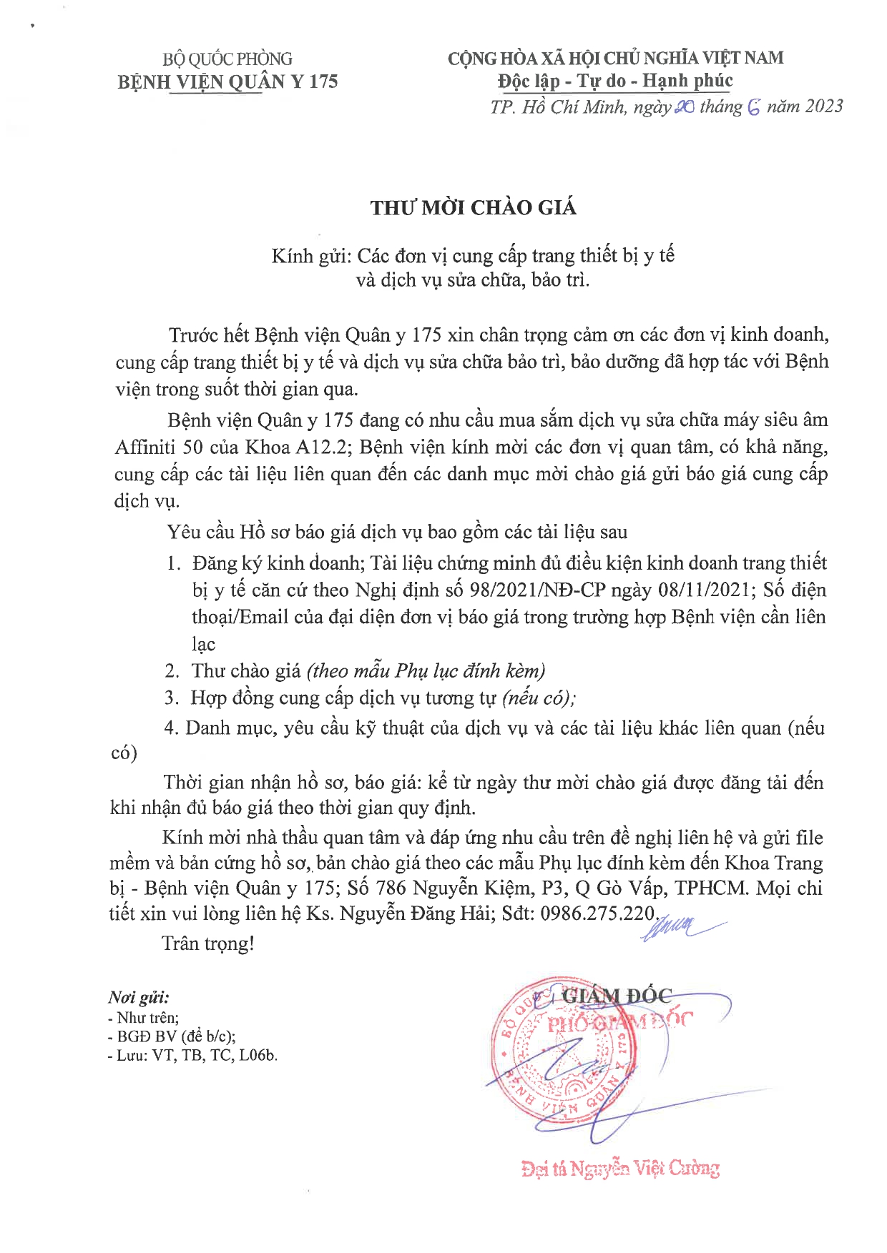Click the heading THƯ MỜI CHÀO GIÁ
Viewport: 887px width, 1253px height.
(473, 208)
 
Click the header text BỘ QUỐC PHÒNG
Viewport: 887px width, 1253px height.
(227, 59)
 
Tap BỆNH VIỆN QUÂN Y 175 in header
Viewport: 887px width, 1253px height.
(227, 81)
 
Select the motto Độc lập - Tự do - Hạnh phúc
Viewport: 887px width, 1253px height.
(615, 81)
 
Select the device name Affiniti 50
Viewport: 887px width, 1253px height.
(159, 447)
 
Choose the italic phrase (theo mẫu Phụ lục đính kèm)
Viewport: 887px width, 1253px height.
(426, 671)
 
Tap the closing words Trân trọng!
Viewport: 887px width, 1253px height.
(208, 944)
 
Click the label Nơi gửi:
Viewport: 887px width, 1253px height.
(139, 998)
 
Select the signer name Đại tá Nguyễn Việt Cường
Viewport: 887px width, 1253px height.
(620, 1169)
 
